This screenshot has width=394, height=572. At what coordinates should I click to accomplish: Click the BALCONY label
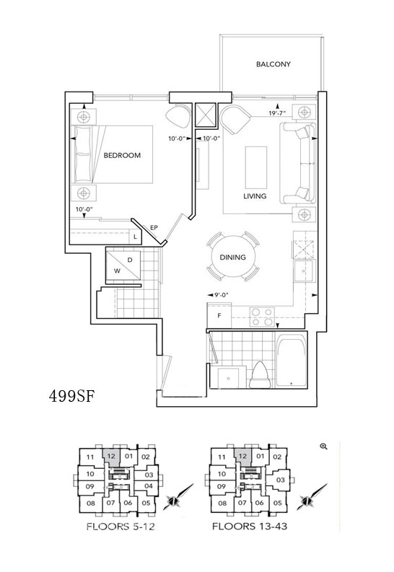(x=273, y=64)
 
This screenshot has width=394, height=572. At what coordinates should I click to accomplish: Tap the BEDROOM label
(x=122, y=155)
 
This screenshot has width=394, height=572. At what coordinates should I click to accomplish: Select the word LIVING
(x=255, y=196)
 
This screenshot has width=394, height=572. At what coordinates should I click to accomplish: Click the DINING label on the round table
(x=232, y=258)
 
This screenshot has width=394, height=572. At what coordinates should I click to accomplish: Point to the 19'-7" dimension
(x=277, y=113)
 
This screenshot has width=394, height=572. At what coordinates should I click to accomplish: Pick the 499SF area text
(x=72, y=396)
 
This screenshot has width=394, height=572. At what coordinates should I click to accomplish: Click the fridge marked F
(x=219, y=315)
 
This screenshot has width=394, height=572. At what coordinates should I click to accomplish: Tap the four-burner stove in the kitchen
(x=262, y=317)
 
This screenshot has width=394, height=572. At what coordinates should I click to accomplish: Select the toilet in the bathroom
(x=260, y=375)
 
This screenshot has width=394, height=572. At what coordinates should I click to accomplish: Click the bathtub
(x=291, y=362)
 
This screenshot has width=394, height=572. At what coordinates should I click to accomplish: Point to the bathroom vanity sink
(x=228, y=378)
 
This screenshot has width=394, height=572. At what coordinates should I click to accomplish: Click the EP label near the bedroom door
(x=154, y=228)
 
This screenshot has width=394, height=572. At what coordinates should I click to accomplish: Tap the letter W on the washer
(x=117, y=271)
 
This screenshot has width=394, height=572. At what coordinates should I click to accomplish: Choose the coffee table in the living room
(x=255, y=166)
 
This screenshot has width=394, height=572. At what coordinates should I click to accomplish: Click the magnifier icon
(x=323, y=446)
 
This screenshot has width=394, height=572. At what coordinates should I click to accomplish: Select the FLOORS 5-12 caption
(x=121, y=527)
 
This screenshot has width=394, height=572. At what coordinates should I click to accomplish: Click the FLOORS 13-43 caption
(x=250, y=526)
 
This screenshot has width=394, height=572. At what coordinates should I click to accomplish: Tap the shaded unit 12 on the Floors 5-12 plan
(x=111, y=456)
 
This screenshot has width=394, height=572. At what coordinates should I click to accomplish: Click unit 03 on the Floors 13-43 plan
(x=280, y=480)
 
